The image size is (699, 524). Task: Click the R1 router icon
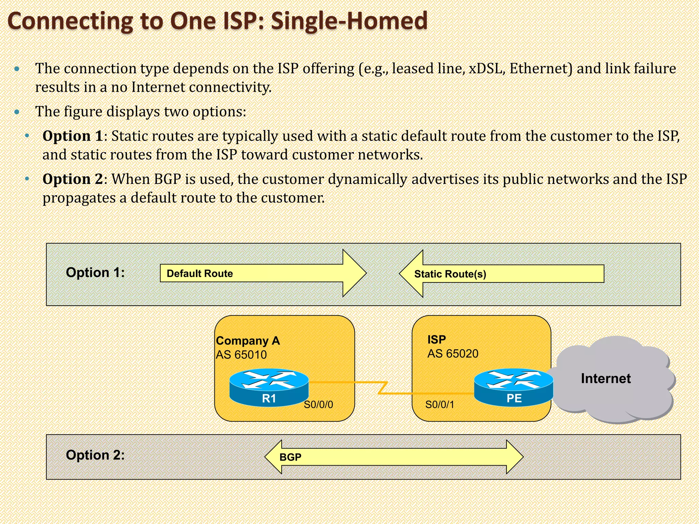(x=269, y=387)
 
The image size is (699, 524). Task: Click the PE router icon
(x=514, y=387)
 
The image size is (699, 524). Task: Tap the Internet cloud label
(x=605, y=378)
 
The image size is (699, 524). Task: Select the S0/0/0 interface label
(x=318, y=405)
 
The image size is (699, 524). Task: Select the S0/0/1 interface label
(x=440, y=405)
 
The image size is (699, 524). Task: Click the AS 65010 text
(x=241, y=355)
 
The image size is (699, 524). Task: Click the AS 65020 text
(x=453, y=353)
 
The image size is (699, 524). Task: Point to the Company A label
(x=248, y=340)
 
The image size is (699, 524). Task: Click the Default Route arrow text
(x=200, y=273)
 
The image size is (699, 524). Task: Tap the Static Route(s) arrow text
(x=450, y=274)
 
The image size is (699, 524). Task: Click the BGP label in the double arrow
(x=290, y=457)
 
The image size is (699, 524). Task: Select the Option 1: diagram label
(x=95, y=272)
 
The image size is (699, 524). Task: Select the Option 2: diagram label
(x=95, y=455)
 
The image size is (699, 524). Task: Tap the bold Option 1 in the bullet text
(x=72, y=136)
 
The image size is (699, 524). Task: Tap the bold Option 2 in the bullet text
(x=72, y=179)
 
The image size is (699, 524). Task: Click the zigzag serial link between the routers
(x=383, y=388)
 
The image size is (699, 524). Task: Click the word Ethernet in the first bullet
(x=541, y=69)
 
